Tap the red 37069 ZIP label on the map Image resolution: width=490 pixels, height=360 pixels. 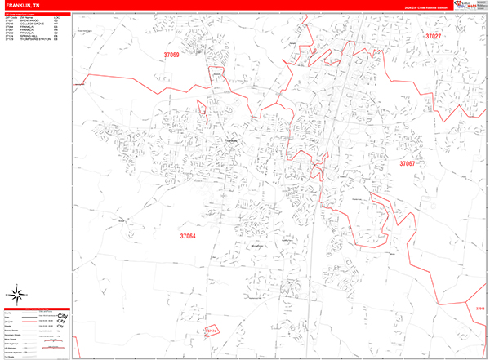point(171,55)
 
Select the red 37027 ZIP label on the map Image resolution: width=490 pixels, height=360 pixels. point(433,37)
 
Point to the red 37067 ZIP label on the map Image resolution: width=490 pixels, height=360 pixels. point(407,164)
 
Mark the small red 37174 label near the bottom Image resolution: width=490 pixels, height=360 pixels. point(209,331)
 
